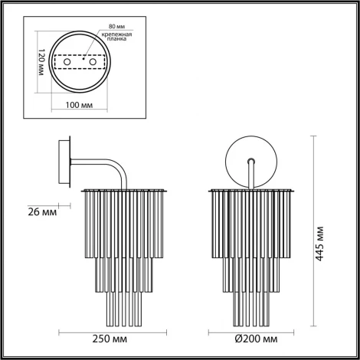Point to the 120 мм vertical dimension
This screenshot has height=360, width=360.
39,61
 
